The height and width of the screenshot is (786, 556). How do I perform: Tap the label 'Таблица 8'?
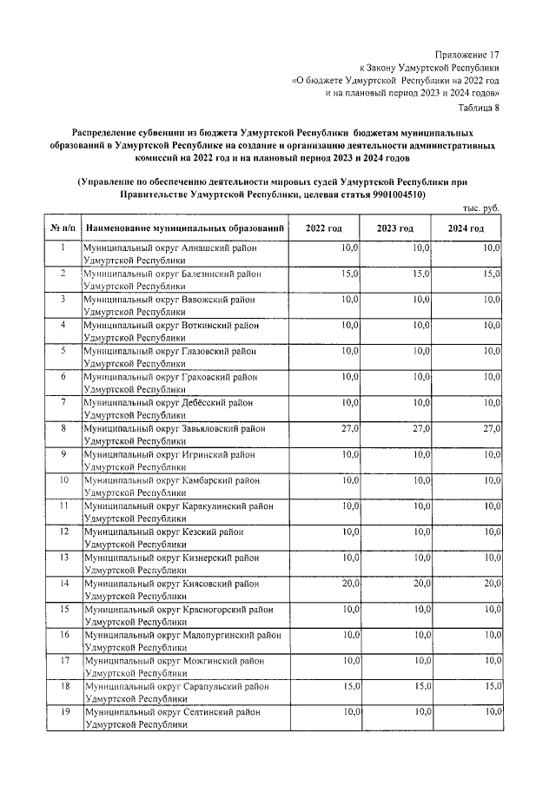(x=480, y=107)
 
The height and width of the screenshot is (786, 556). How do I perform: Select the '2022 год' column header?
(x=323, y=228)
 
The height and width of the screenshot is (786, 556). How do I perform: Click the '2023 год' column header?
(x=394, y=228)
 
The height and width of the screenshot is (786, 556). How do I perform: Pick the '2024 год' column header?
(x=466, y=228)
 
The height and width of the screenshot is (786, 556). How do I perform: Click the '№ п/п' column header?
(x=63, y=228)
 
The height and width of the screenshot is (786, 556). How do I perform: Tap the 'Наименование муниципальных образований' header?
(x=185, y=228)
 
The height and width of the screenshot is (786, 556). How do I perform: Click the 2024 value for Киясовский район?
(x=492, y=584)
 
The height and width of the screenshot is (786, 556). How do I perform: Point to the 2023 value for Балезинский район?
(x=420, y=274)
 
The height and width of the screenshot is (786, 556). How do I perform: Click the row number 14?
(x=63, y=584)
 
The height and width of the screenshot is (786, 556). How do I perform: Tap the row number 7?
(x=63, y=403)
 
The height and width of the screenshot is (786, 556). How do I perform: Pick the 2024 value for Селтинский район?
(x=492, y=712)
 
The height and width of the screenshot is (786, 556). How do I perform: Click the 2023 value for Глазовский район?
(x=420, y=352)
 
